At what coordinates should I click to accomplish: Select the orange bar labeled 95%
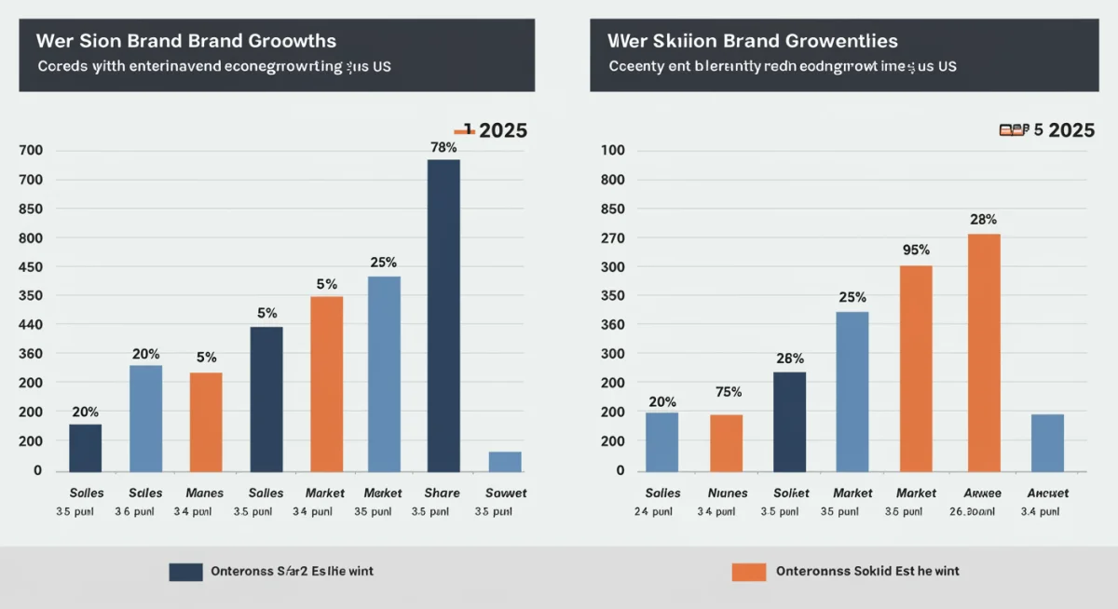coord(915,368)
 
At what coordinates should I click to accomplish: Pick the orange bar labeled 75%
coord(726,442)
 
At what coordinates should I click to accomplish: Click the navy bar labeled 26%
coord(789,421)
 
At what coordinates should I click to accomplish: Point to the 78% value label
coord(443,147)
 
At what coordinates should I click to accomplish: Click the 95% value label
coord(917,250)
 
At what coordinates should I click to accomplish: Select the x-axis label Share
coord(442,493)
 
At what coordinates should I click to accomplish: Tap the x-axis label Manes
coord(205,493)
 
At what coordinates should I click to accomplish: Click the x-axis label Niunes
coord(727,493)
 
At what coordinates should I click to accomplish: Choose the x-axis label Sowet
coord(506,493)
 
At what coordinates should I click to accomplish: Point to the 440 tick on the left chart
coord(31,325)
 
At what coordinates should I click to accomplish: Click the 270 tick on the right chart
coord(612,238)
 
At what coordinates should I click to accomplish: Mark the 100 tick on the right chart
coord(612,151)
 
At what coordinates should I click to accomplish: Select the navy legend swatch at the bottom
coord(185,571)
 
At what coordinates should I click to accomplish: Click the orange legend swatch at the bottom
coord(748,571)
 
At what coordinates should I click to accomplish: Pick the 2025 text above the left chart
coord(502,130)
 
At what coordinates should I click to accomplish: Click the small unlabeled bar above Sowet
coord(505,461)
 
